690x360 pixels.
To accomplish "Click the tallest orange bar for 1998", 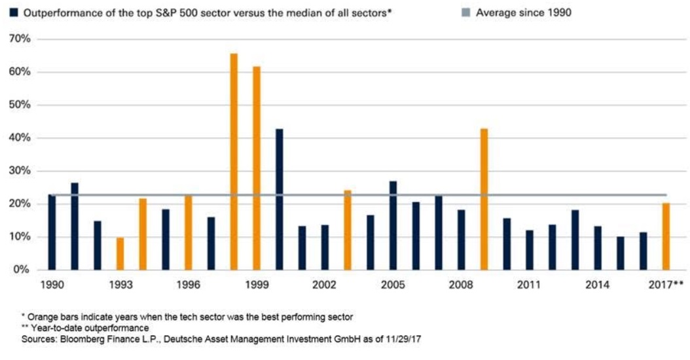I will [234, 161].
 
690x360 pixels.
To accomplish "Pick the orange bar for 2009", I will [484, 199].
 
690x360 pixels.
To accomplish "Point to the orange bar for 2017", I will [666, 236].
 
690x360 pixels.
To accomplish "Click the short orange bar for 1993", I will [120, 253].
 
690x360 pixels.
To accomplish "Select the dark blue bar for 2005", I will [393, 225].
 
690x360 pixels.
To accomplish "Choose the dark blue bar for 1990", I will [52, 232].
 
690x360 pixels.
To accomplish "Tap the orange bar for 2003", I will [348, 230].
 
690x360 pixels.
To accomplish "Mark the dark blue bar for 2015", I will [620, 253].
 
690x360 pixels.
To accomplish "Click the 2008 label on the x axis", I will [461, 285].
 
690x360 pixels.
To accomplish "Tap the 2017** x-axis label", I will [664, 285].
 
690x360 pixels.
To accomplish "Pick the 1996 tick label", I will [188, 285].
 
